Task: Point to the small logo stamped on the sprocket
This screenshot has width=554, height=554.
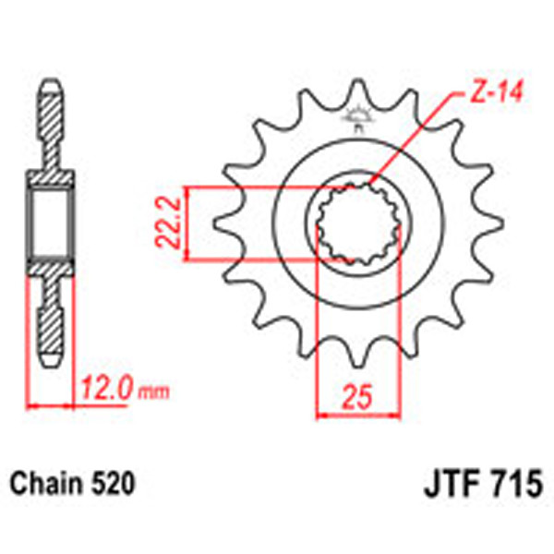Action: pyautogui.click(x=356, y=117)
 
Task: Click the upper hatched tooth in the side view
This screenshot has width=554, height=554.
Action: pyautogui.click(x=52, y=120)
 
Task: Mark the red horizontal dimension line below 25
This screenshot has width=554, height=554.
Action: pyautogui.click(x=357, y=415)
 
